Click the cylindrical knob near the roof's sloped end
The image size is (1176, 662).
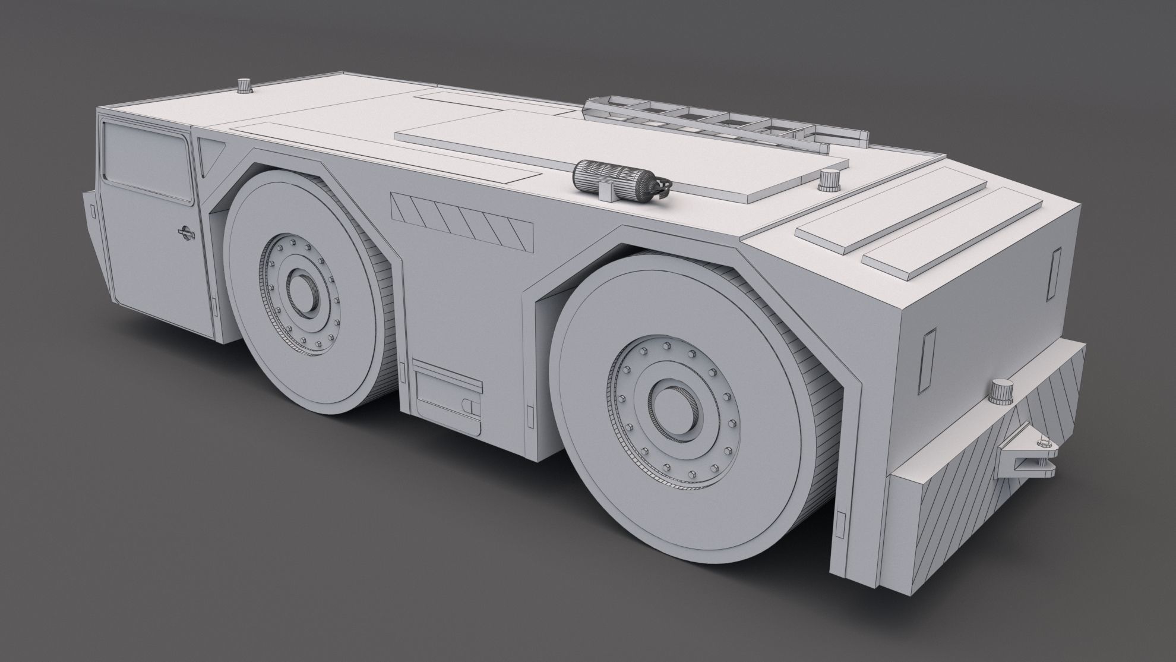(x=827, y=179)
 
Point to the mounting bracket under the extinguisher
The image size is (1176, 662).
(x=606, y=191)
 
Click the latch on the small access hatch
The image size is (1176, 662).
(x=468, y=405)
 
